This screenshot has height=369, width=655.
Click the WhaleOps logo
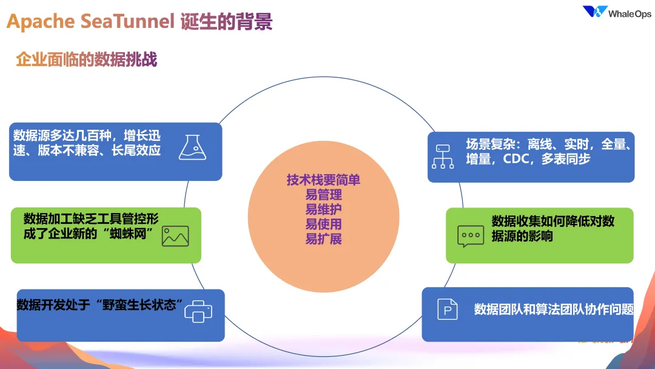tap(617, 12)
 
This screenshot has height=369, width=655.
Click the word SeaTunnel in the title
tap(127, 21)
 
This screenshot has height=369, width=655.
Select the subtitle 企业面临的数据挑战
tap(87, 59)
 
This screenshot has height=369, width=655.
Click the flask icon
tap(193, 147)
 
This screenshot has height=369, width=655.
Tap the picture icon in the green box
tap(175, 236)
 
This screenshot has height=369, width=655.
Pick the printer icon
tap(198, 311)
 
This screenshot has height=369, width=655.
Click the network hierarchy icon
tap(443, 157)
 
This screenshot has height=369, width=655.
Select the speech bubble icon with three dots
tap(471, 237)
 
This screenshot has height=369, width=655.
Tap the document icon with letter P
tap(448, 310)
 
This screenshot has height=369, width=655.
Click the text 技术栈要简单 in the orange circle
tap(323, 180)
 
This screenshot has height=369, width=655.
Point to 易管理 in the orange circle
tap(323, 195)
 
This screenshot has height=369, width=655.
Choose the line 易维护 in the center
tap(323, 209)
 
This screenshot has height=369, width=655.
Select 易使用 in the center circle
tap(323, 225)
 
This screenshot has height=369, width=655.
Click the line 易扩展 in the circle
tap(323, 239)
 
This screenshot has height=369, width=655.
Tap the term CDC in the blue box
tap(516, 159)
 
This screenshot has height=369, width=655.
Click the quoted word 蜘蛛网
tap(128, 234)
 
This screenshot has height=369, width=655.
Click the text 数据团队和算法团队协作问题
tap(554, 310)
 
